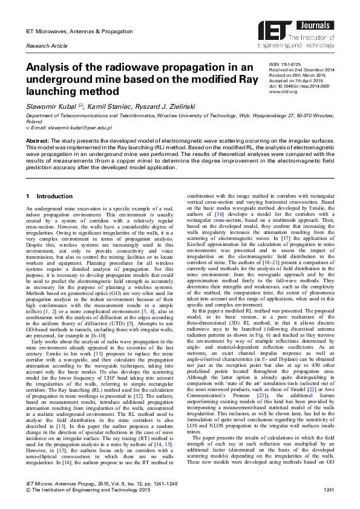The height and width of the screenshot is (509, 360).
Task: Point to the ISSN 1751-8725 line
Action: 286,64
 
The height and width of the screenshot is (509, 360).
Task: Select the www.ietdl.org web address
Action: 282,91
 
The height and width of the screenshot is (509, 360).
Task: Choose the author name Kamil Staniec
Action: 108,105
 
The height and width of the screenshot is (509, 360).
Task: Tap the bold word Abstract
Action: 37,140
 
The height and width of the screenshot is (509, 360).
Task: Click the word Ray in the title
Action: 237,78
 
